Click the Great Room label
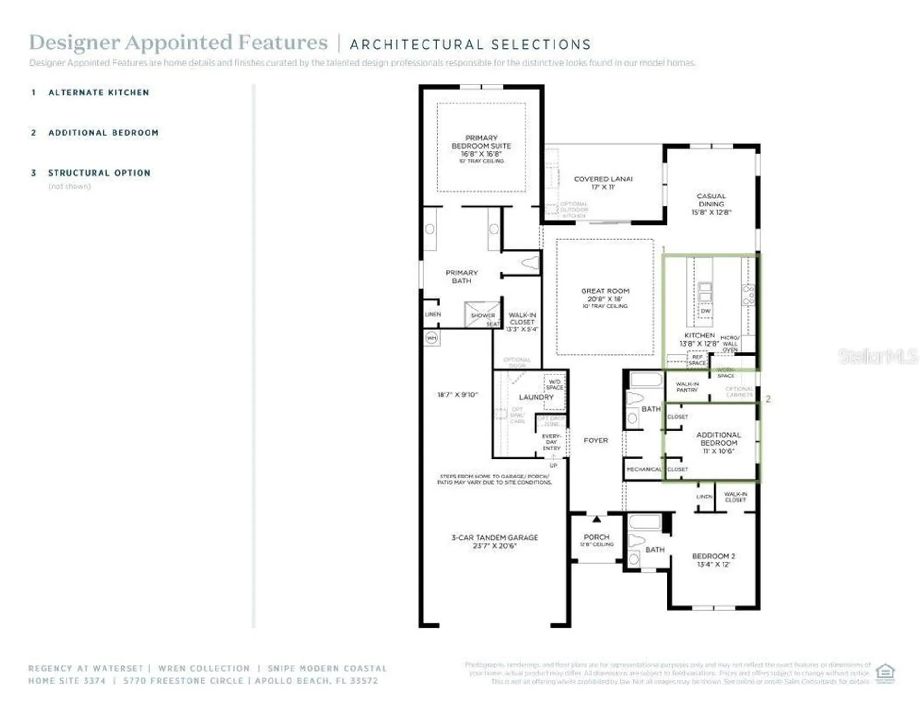pos(605,291)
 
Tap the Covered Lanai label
pos(603,179)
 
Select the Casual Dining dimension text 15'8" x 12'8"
pos(711,212)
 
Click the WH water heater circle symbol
pos(431,338)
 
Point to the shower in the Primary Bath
pos(482,314)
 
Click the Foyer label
pos(596,440)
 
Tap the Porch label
pos(596,537)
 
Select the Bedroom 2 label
pos(713,556)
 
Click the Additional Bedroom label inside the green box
pos(718,439)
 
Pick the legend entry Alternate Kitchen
pos(99,93)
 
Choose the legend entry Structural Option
pos(99,173)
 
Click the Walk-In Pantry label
pos(687,387)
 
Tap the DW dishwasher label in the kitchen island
pos(705,311)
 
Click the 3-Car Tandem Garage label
pos(495,537)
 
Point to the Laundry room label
pos(536,397)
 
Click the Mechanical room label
pos(643,469)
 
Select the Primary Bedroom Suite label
pos(481,141)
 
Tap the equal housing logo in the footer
pos(885,673)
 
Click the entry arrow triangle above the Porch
pos(597,519)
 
